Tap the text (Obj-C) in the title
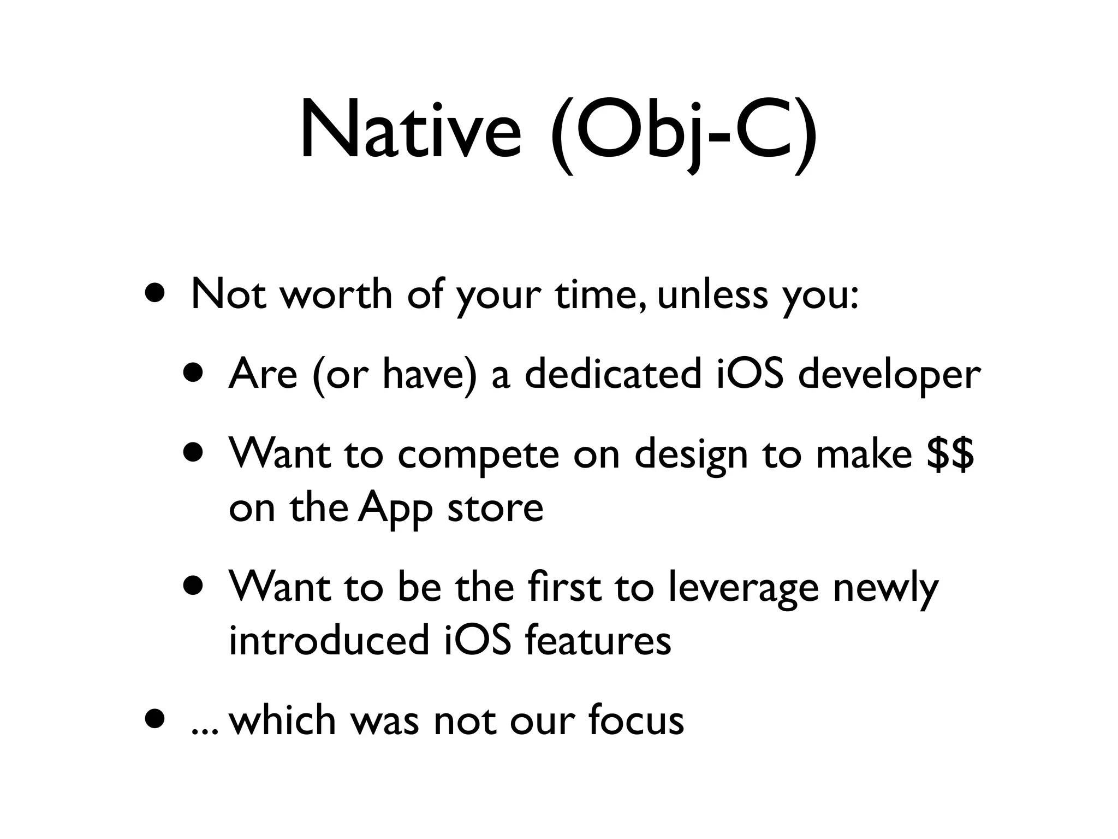[x=683, y=131]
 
